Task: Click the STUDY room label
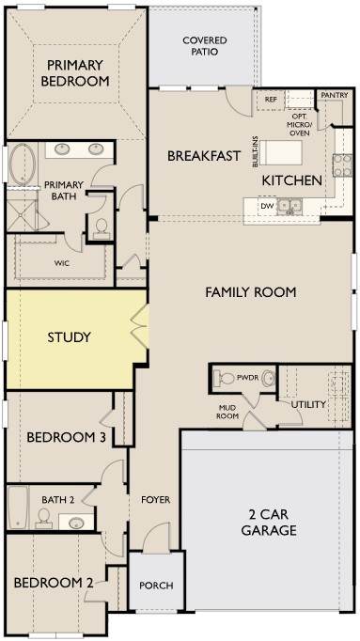coord(69,337)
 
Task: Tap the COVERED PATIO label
coord(205,46)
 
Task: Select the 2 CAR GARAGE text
coord(269,523)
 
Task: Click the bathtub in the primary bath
coord(23,164)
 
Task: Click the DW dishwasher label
coord(266,206)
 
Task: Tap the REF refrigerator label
coord(271,100)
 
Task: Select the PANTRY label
coord(335,95)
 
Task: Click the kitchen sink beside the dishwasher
coord(290,206)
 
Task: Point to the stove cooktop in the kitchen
coord(342,165)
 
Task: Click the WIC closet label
coord(62,263)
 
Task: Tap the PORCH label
coord(156,586)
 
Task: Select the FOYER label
coord(156,500)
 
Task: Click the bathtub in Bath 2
coord(19,508)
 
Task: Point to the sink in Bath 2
coord(76,522)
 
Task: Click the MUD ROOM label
coord(228,412)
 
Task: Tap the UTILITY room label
coord(308,405)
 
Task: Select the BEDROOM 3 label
coord(67,437)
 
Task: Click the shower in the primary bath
coord(23,211)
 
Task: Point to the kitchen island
coord(281,153)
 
